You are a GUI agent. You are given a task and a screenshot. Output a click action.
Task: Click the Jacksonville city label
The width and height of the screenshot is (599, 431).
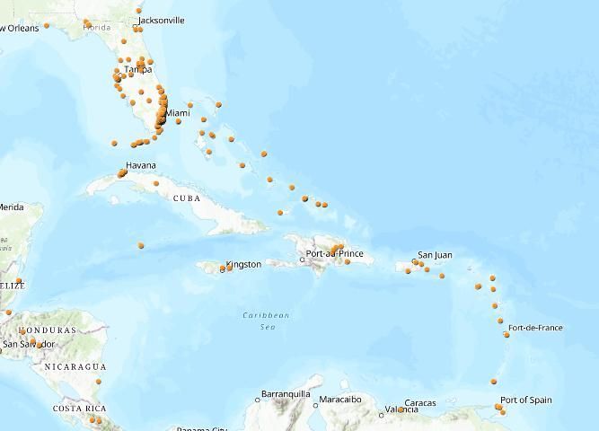[x=162, y=20]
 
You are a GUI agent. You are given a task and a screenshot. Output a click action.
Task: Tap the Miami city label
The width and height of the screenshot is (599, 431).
[x=178, y=113]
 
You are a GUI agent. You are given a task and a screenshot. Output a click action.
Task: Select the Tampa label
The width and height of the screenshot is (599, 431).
[x=137, y=69]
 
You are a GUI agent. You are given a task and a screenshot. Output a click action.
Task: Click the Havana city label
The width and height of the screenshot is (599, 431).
[x=140, y=165]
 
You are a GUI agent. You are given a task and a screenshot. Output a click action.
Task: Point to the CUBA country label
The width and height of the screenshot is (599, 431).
[x=187, y=198]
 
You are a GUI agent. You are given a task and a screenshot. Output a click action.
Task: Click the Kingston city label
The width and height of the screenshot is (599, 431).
[x=243, y=264]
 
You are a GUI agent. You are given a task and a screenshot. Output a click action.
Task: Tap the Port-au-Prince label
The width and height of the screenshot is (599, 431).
[x=335, y=254]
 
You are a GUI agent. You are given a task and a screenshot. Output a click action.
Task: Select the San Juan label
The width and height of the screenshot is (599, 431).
[x=436, y=255]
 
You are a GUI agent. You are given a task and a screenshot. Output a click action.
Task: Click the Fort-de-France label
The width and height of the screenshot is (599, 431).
[x=535, y=328]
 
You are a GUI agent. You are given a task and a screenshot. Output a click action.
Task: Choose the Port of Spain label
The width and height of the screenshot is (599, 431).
[x=526, y=400]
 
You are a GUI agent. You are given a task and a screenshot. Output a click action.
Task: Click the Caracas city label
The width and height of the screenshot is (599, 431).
[x=420, y=403]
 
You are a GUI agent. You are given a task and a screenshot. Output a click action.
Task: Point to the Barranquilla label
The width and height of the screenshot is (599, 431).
[x=286, y=394]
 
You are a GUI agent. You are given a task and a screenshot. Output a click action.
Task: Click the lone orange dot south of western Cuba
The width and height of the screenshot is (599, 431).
[x=141, y=245]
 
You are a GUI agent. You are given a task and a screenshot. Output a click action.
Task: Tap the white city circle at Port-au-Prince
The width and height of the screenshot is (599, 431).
[x=303, y=259]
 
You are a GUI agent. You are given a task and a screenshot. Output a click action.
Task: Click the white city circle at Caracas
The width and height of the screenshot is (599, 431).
[x=401, y=409]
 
